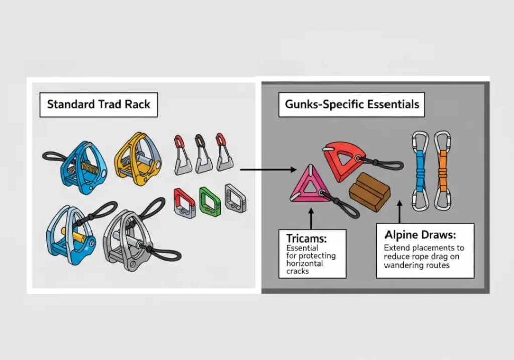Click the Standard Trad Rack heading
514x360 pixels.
point(98,105)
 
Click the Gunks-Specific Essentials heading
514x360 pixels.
point(351,105)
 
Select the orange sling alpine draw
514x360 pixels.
point(442,170)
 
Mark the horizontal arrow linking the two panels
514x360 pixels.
point(268,170)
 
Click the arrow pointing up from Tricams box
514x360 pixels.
point(311,219)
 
